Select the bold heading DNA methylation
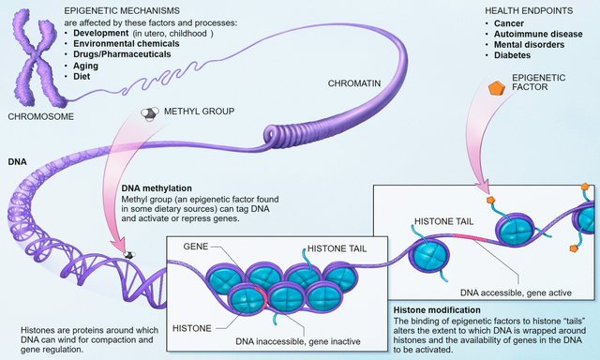[158, 187]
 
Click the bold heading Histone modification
[436, 309]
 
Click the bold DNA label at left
[16, 160]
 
